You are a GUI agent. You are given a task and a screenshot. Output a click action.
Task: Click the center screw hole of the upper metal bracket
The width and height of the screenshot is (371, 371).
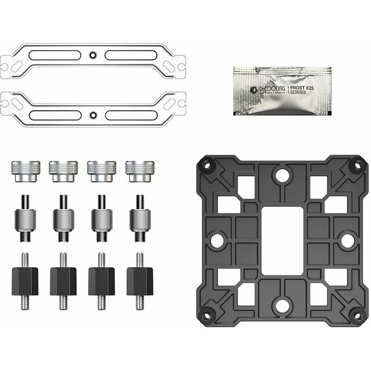click(x=92, y=56)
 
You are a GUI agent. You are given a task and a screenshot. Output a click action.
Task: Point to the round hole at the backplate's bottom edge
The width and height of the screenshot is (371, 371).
click(x=281, y=301)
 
